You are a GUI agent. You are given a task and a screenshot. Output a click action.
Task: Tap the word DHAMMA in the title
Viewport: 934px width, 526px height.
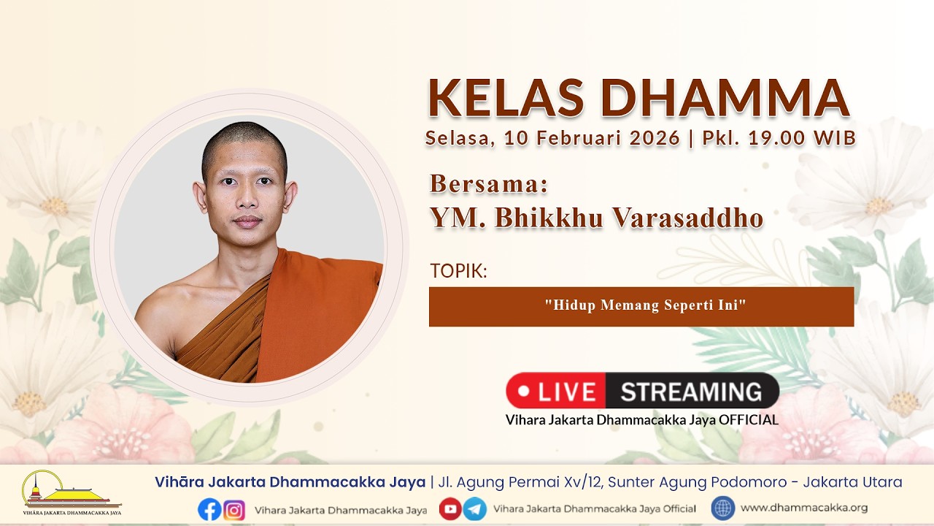(x=725, y=99)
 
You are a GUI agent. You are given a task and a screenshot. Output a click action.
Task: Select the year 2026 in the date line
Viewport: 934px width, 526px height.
(x=655, y=138)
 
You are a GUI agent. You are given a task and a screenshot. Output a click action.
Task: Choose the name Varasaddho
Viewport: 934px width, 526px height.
(x=687, y=218)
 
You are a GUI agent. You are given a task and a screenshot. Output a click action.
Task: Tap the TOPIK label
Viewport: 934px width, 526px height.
(x=458, y=271)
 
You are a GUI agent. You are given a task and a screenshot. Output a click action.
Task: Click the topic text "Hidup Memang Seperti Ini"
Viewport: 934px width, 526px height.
(x=645, y=305)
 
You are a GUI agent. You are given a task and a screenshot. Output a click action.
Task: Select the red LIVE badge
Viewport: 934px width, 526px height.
(x=555, y=391)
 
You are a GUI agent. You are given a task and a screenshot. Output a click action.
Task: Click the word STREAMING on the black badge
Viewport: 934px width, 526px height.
(x=691, y=392)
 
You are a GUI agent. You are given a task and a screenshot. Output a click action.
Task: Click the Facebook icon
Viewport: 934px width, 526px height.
(x=209, y=510)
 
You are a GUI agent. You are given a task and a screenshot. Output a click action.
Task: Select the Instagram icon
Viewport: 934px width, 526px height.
(x=234, y=510)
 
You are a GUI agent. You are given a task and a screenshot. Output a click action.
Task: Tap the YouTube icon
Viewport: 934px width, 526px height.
(x=450, y=509)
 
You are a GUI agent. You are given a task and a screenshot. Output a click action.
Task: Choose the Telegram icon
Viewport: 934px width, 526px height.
(x=475, y=509)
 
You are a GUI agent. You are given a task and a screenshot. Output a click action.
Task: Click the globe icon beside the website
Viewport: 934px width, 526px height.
(x=723, y=508)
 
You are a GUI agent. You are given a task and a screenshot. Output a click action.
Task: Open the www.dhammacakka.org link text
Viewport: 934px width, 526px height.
(x=804, y=508)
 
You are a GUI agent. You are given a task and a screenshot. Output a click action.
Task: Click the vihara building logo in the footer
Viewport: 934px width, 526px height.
(x=72, y=492)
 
